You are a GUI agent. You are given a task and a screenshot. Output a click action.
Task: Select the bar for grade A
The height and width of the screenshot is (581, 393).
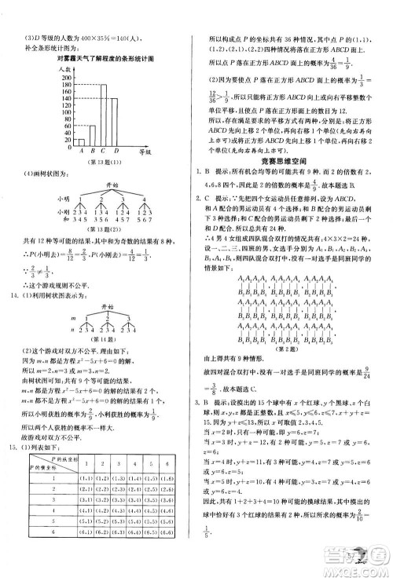(x=80, y=143)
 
